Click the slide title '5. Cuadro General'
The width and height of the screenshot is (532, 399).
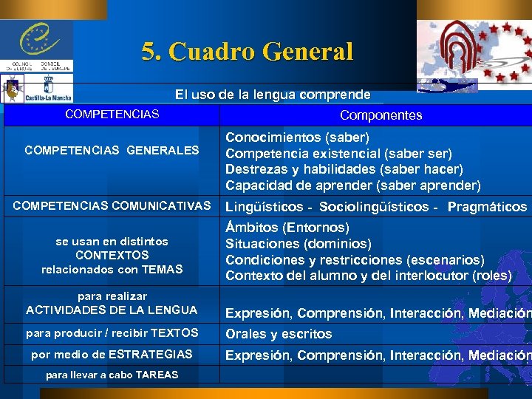click(248, 52)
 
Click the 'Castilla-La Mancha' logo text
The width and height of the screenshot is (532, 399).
click(48, 97)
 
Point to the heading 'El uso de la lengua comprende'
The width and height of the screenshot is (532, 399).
click(273, 95)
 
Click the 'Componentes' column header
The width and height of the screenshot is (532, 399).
click(381, 115)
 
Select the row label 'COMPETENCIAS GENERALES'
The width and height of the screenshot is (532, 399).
click(112, 150)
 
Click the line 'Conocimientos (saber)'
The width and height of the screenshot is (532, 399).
click(297, 137)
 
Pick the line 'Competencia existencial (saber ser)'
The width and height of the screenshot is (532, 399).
click(338, 153)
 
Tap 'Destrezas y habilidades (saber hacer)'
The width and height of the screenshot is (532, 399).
click(344, 169)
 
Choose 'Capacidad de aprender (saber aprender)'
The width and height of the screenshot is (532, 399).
click(352, 185)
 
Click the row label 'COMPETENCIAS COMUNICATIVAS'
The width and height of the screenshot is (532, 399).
click(112, 205)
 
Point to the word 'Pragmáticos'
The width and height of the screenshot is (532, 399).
click(487, 207)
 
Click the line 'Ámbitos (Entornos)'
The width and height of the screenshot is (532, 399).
click(287, 228)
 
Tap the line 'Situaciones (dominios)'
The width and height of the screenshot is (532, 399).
click(299, 244)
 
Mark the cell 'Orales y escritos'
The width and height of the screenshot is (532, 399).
click(279, 334)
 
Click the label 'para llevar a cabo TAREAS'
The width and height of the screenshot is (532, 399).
click(112, 375)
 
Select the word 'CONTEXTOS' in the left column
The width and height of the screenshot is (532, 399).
click(112, 255)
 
